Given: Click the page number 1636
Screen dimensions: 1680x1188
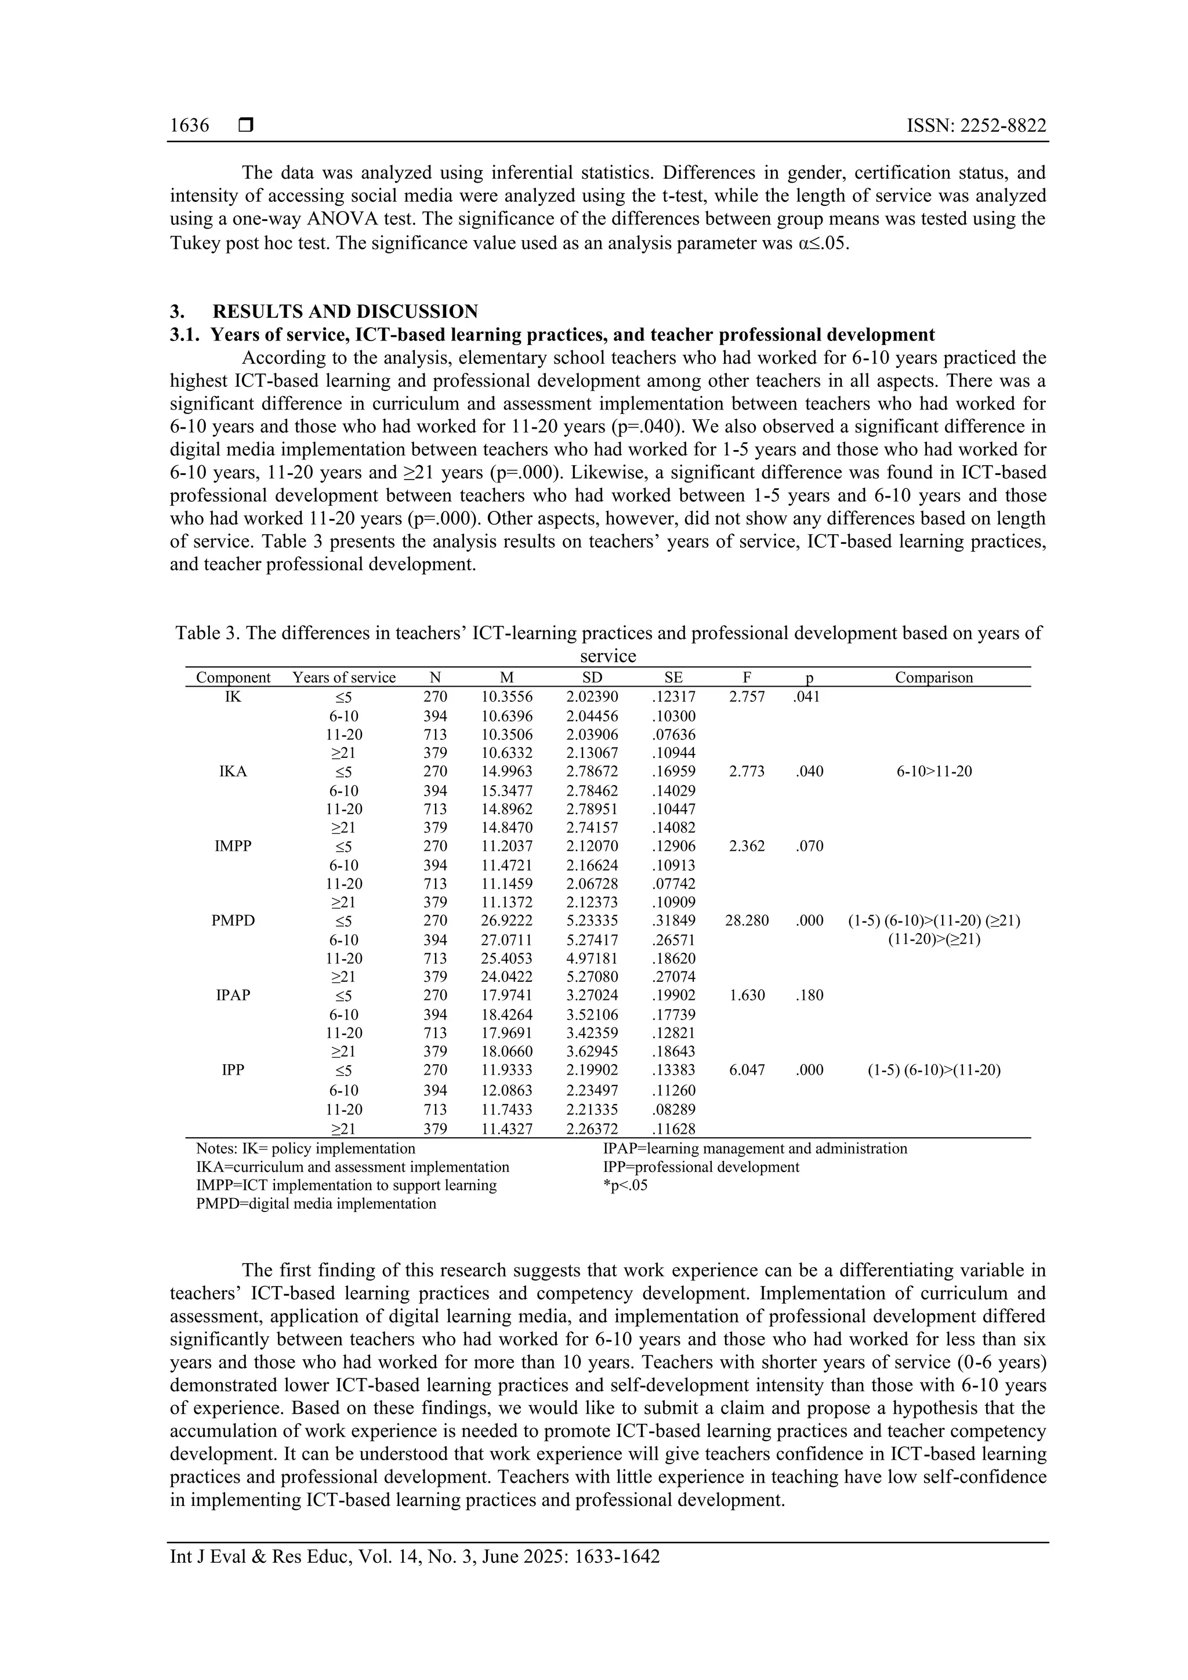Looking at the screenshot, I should pyautogui.click(x=190, y=125).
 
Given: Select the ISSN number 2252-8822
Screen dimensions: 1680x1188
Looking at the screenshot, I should pyautogui.click(x=976, y=125).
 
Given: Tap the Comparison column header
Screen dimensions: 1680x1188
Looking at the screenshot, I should pyautogui.click(x=933, y=677).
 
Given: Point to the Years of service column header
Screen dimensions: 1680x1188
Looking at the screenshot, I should pyautogui.click(x=344, y=677).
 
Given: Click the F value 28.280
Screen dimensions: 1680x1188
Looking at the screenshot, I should pyautogui.click(x=747, y=920).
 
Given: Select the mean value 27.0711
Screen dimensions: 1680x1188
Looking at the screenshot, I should pyautogui.click(x=506, y=940).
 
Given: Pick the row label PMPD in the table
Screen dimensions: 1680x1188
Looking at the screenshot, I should pyautogui.click(x=233, y=920).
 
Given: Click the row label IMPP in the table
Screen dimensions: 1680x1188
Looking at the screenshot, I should pyautogui.click(x=233, y=846).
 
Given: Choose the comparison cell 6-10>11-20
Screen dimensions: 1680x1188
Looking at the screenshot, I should pyautogui.click(x=934, y=771).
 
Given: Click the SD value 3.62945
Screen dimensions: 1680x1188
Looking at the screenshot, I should pyautogui.click(x=592, y=1052).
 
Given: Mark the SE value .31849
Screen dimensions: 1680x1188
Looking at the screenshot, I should pyautogui.click(x=673, y=920).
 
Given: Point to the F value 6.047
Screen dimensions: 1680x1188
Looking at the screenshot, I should pyautogui.click(x=747, y=1070).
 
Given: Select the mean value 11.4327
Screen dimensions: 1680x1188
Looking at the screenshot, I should pyautogui.click(x=506, y=1129).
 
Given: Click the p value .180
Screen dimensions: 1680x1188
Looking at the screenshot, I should pyautogui.click(x=809, y=995).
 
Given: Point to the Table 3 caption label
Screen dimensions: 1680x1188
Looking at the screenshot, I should pyautogui.click(x=207, y=633).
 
